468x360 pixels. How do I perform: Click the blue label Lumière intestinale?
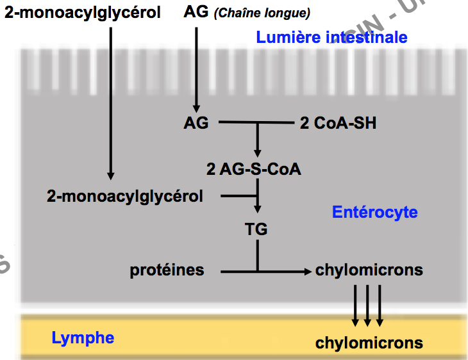click(331, 37)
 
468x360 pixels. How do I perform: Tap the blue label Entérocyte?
click(374, 212)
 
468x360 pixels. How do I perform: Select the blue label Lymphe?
click(83, 338)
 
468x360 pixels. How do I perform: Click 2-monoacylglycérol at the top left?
click(83, 12)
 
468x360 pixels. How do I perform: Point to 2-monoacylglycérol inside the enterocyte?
click(125, 196)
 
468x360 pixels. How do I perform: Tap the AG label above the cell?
click(196, 12)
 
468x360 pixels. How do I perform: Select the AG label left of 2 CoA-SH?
click(196, 123)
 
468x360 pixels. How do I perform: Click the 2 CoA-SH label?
click(338, 123)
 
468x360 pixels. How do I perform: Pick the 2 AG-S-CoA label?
click(254, 170)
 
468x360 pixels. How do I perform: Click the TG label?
click(256, 229)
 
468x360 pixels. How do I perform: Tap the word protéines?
click(167, 270)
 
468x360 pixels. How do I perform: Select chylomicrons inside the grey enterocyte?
click(369, 270)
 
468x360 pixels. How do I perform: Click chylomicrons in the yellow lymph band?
click(369, 343)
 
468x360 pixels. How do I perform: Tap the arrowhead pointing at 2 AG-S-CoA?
click(258, 154)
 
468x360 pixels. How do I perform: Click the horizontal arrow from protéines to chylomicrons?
click(269, 272)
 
